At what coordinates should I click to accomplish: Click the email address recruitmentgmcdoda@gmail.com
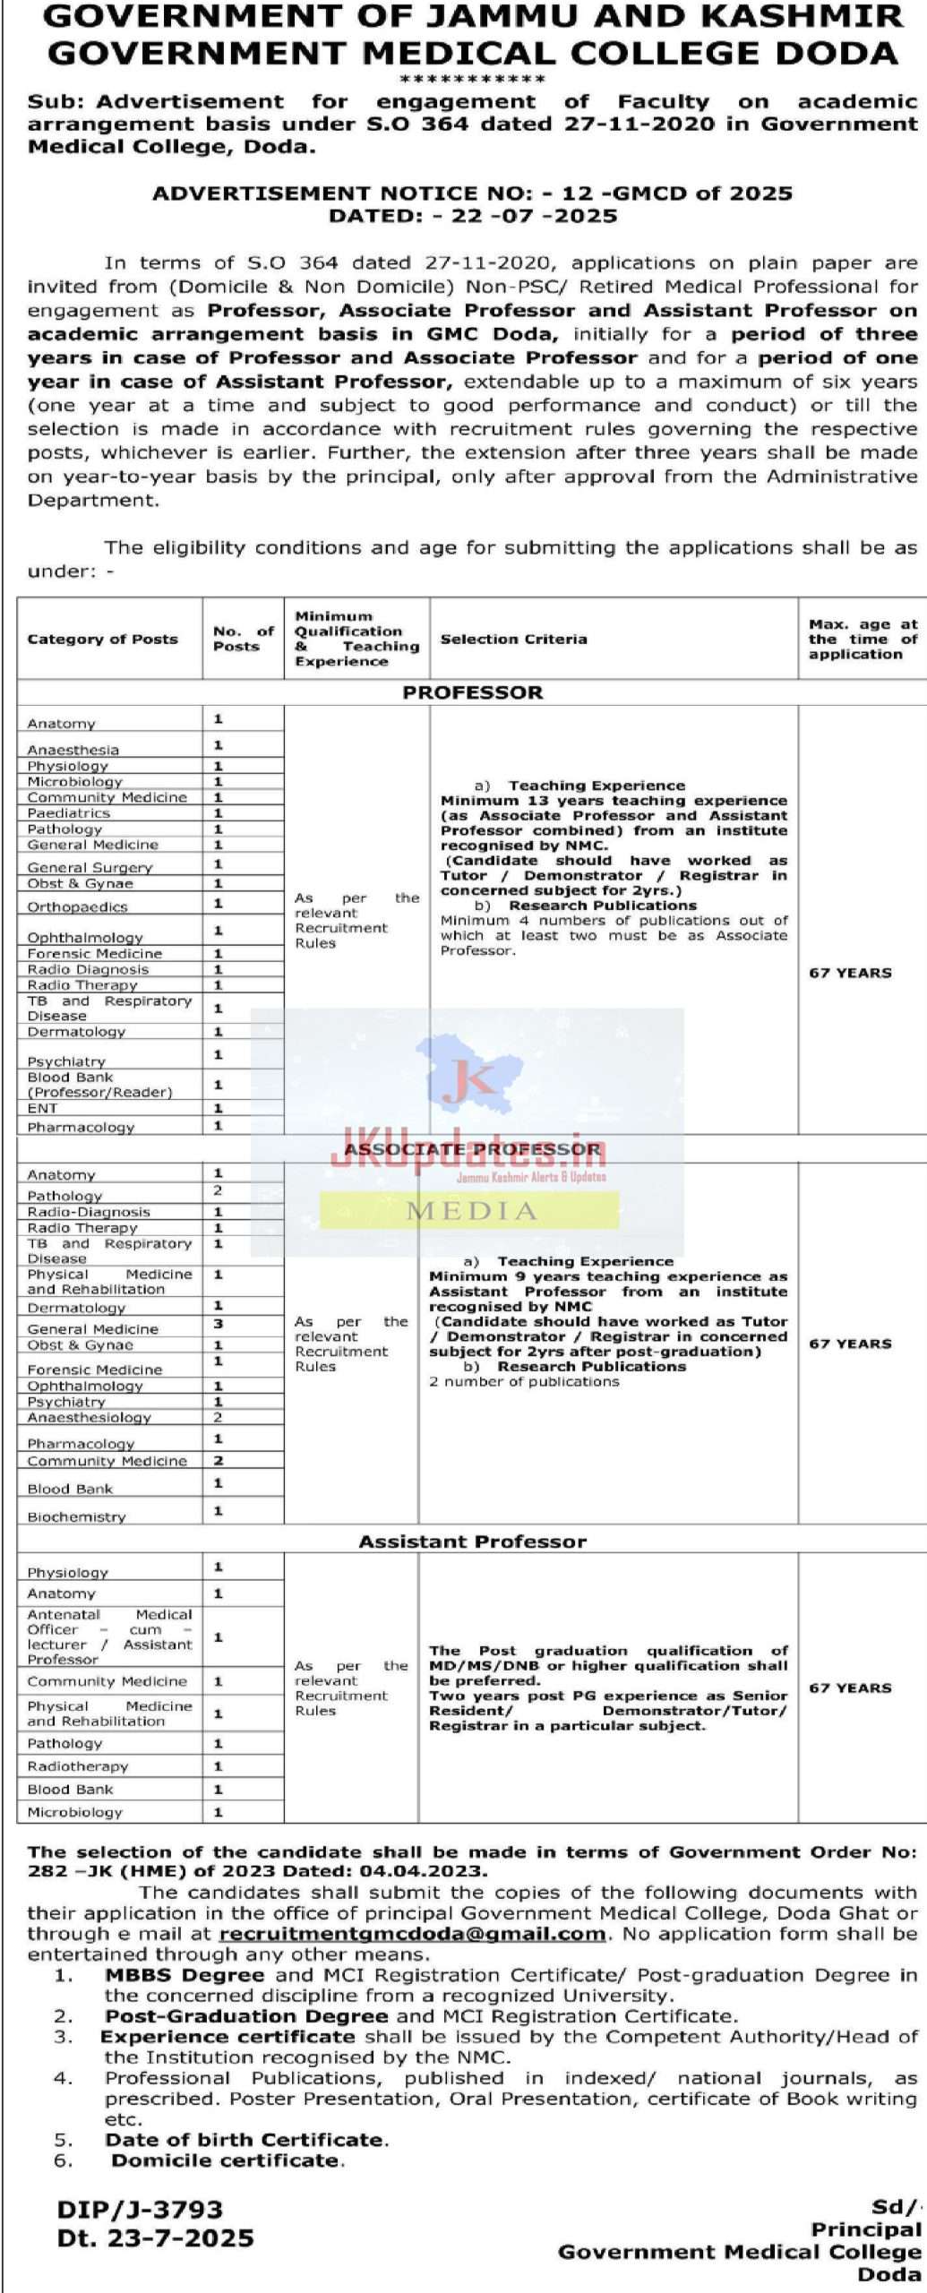[412, 1934]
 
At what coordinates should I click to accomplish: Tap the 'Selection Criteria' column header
[513, 639]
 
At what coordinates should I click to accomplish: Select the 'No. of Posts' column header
[243, 639]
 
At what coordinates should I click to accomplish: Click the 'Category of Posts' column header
[102, 639]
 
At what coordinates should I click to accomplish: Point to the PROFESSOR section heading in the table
[472, 692]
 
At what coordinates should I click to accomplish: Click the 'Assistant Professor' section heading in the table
[472, 1542]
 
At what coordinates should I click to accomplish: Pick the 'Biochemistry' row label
[76, 1517]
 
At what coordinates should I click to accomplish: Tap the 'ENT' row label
[42, 1108]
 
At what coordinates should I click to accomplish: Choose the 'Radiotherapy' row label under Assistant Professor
[78, 1766]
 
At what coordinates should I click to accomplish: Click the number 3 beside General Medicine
[219, 1324]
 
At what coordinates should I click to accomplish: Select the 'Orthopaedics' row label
[77, 906]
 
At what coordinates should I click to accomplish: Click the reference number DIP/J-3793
[140, 2209]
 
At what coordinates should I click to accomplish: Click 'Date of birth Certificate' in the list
[246, 2140]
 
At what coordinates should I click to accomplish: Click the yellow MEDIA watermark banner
[470, 1211]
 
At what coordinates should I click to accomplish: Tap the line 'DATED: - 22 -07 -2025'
[472, 216]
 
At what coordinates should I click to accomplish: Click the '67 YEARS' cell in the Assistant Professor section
[849, 1688]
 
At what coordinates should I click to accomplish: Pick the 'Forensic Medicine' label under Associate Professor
[95, 1370]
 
